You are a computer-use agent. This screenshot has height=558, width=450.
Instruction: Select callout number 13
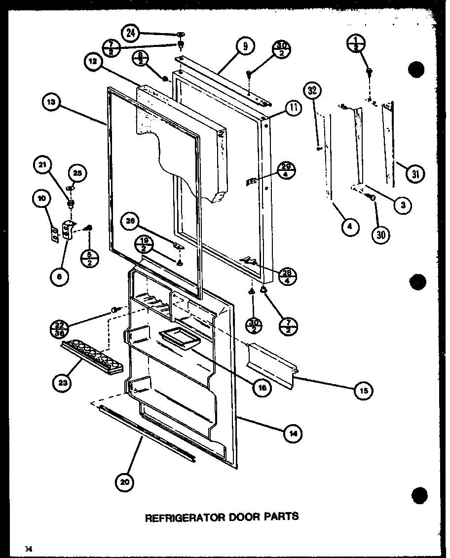coord(51,103)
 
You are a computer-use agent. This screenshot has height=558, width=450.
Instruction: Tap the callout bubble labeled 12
coord(93,63)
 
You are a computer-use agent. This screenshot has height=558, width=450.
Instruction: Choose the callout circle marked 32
coord(313,90)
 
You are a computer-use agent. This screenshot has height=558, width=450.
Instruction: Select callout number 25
coord(77,172)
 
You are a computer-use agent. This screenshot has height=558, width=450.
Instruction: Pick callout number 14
coord(293,434)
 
